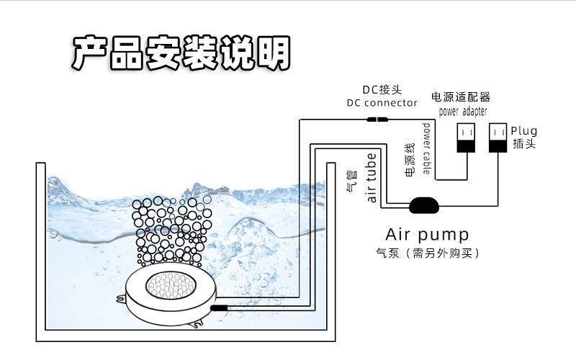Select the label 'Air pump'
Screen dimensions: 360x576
pyautogui.click(x=428, y=235)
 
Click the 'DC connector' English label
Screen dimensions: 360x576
pyautogui.click(x=382, y=103)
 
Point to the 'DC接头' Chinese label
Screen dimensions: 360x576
pyautogui.click(x=382, y=90)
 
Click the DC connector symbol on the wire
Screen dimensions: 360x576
pyautogui.click(x=377, y=120)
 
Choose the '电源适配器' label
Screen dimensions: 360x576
pyautogui.click(x=461, y=96)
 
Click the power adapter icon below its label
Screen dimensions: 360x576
pyautogui.click(x=466, y=138)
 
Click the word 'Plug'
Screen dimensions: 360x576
pyautogui.click(x=524, y=131)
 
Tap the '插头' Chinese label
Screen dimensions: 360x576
pyautogui.click(x=523, y=144)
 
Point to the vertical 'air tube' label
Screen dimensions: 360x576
pyautogui.click(x=372, y=177)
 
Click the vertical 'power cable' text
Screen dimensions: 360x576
pyautogui.click(x=427, y=148)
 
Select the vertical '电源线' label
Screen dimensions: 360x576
pyautogui.click(x=410, y=163)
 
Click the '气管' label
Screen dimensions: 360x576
pyautogui.click(x=351, y=181)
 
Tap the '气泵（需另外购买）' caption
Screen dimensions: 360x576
pyautogui.click(x=428, y=253)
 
